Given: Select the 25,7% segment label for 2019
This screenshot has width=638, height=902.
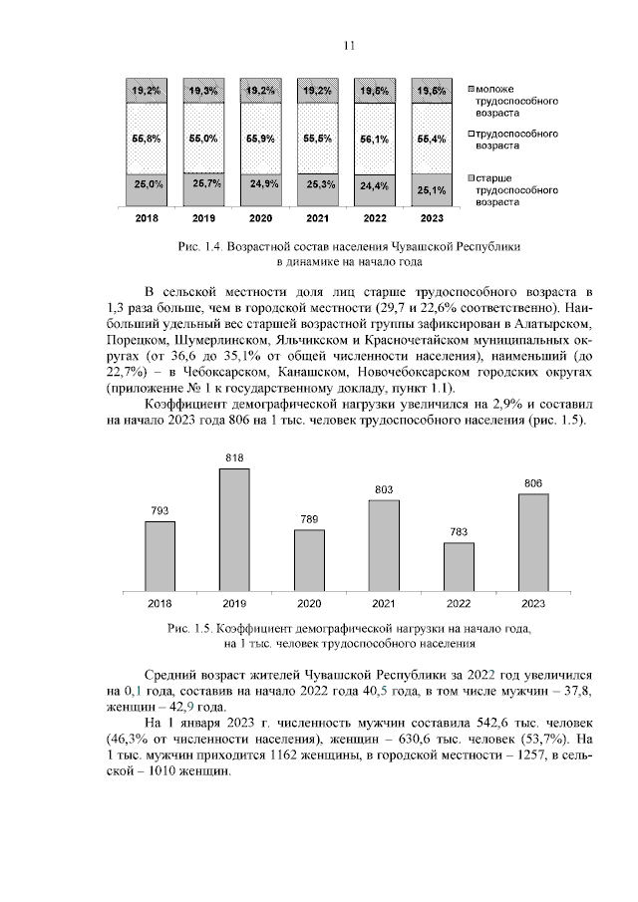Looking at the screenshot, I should coord(205,183).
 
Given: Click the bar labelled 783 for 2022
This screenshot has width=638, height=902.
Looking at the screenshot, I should coord(459,564).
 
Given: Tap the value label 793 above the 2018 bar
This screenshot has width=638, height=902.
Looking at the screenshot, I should coord(159,511).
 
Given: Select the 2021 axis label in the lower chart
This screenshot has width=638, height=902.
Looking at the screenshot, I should coord(384,603).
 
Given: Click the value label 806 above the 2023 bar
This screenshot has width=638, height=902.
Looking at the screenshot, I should coord(533,483).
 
